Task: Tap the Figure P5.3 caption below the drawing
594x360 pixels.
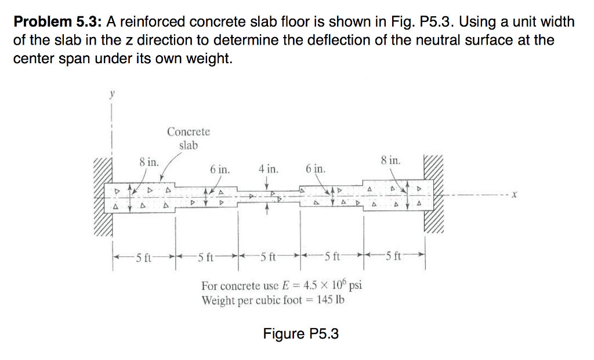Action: [x=300, y=334]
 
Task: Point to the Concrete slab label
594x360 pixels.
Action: [x=189, y=139]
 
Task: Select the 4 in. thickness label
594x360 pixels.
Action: [x=268, y=170]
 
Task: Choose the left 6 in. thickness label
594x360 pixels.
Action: [x=220, y=170]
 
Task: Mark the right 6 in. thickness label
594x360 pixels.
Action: [x=315, y=170]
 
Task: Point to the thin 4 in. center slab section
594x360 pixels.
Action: [x=268, y=197]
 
